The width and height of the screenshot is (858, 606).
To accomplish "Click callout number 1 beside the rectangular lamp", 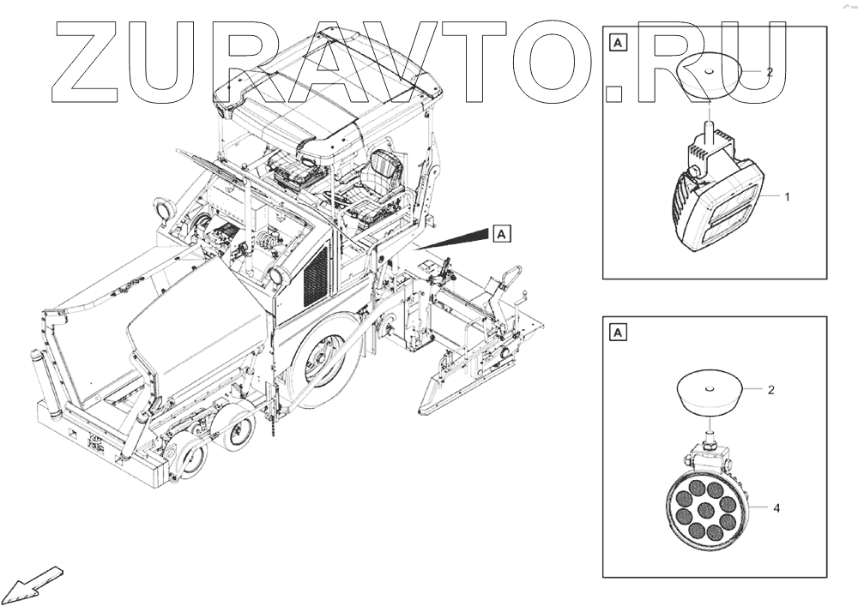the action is pyautogui.click(x=787, y=197).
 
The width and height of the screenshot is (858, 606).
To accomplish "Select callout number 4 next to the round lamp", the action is pyautogui.click(x=776, y=508).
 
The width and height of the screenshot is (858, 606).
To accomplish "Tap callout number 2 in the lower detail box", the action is pyautogui.click(x=770, y=390).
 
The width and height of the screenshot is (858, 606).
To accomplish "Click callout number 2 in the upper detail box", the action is pyautogui.click(x=770, y=73).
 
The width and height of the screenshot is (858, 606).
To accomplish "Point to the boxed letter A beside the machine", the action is pyautogui.click(x=502, y=232).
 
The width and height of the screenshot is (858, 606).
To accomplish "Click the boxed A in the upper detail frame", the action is pyautogui.click(x=618, y=41).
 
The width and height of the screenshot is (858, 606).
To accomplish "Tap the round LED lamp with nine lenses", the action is pyautogui.click(x=705, y=511).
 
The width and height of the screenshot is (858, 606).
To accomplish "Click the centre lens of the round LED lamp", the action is pyautogui.click(x=705, y=512).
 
